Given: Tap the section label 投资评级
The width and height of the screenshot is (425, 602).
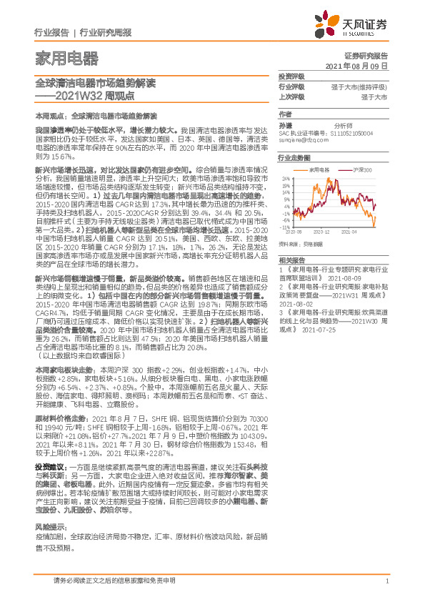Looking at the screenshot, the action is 291,76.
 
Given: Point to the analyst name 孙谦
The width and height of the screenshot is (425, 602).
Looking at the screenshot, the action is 286,124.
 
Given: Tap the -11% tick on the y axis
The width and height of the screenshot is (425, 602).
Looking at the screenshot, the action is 285,227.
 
